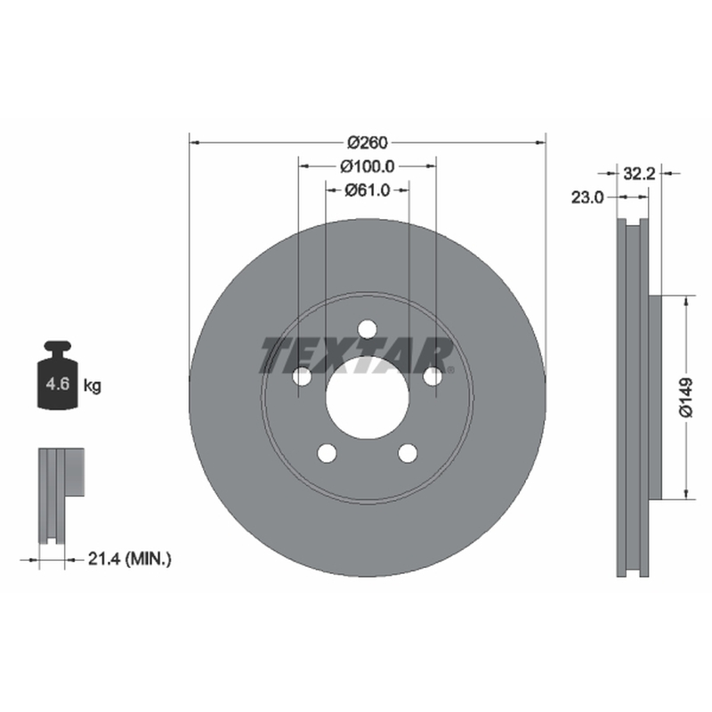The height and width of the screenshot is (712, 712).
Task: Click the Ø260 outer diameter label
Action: tap(368, 142)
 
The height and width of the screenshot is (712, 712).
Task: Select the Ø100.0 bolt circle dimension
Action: tap(368, 166)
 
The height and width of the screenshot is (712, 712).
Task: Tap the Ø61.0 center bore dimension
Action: tap(368, 190)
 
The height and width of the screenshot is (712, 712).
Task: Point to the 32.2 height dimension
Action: tap(639, 173)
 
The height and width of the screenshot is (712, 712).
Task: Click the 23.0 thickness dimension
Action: tap(587, 197)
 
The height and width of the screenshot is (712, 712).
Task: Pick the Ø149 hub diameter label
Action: tap(685, 397)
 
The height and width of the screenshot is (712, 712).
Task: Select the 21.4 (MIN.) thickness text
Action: tap(129, 559)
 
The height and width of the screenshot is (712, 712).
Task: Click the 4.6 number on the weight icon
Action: tap(57, 384)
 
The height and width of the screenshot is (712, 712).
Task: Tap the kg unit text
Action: tap(93, 386)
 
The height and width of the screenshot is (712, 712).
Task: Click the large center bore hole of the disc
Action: tap(368, 398)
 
